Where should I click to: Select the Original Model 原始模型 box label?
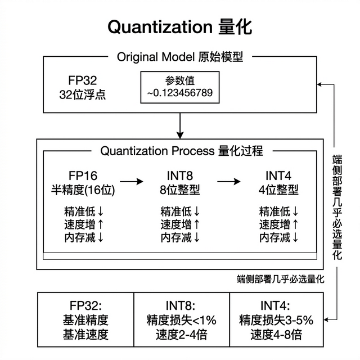point(180,57)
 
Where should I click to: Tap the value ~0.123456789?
point(180,92)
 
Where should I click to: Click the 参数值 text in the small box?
point(180,80)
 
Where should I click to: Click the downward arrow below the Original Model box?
point(180,126)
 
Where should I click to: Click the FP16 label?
point(83,175)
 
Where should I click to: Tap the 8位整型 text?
point(180,189)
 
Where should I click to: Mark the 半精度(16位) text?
point(83,189)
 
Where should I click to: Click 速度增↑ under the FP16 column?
point(83,225)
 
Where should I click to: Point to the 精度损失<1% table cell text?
point(180,321)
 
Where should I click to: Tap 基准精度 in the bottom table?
point(85,321)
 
